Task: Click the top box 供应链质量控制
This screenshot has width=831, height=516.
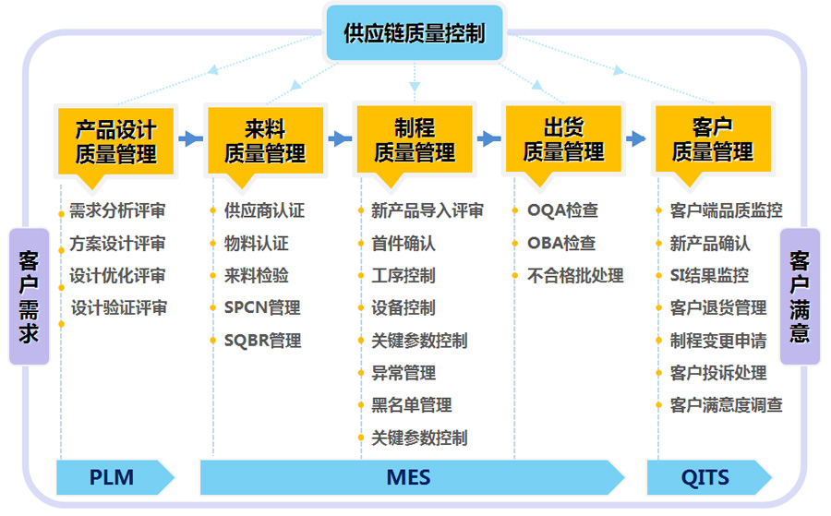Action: pyautogui.click(x=415, y=33)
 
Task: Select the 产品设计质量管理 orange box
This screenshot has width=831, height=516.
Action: pyautogui.click(x=116, y=141)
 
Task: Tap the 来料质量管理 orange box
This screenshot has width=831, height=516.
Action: pyautogui.click(x=266, y=141)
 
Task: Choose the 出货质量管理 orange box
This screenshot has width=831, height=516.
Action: pyautogui.click(x=563, y=139)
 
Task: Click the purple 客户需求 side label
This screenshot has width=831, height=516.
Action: pyautogui.click(x=30, y=296)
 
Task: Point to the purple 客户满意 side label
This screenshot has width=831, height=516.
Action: pyautogui.click(x=800, y=296)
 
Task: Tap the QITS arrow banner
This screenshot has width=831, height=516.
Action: pyautogui.click(x=709, y=477)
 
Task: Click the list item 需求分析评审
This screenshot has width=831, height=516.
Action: pyautogui.click(x=117, y=210)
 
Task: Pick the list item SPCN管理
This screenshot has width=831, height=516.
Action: pyautogui.click(x=262, y=307)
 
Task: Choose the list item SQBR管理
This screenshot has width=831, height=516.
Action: pyautogui.click(x=263, y=341)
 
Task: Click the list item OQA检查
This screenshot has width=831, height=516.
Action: pyautogui.click(x=563, y=210)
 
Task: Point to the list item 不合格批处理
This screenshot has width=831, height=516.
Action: pyautogui.click(x=575, y=276)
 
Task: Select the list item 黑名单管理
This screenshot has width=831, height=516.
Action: pyautogui.click(x=412, y=406)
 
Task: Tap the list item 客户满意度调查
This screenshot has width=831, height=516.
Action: pyautogui.click(x=726, y=406)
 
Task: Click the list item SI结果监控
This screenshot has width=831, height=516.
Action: pyautogui.click(x=710, y=275)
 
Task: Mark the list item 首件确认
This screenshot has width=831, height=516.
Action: pyautogui.click(x=403, y=244)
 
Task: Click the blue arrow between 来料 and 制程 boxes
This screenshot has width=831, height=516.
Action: pyautogui.click(x=340, y=139)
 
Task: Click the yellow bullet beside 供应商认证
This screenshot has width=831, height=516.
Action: pyautogui.click(x=212, y=210)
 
